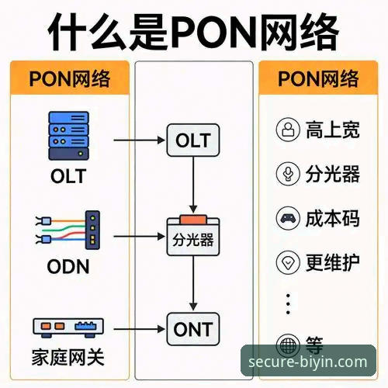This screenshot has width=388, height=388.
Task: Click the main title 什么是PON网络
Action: tap(193, 32)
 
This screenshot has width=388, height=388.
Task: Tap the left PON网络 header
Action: tap(68, 78)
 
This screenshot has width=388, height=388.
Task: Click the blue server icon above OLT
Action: tap(69, 133)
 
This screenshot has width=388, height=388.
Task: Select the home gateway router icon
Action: tap(68, 327)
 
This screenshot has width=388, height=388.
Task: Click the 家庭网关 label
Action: tap(68, 359)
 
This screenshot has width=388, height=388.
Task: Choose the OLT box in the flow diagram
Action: tap(193, 141)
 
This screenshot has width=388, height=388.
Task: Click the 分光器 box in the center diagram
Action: tap(193, 237)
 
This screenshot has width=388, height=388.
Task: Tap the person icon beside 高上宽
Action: tap(288, 130)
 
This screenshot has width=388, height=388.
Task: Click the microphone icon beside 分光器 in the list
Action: tap(288, 174)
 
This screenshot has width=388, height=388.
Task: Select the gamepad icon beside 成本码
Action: tap(288, 218)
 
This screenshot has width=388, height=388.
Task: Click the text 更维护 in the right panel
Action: tap(333, 262)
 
